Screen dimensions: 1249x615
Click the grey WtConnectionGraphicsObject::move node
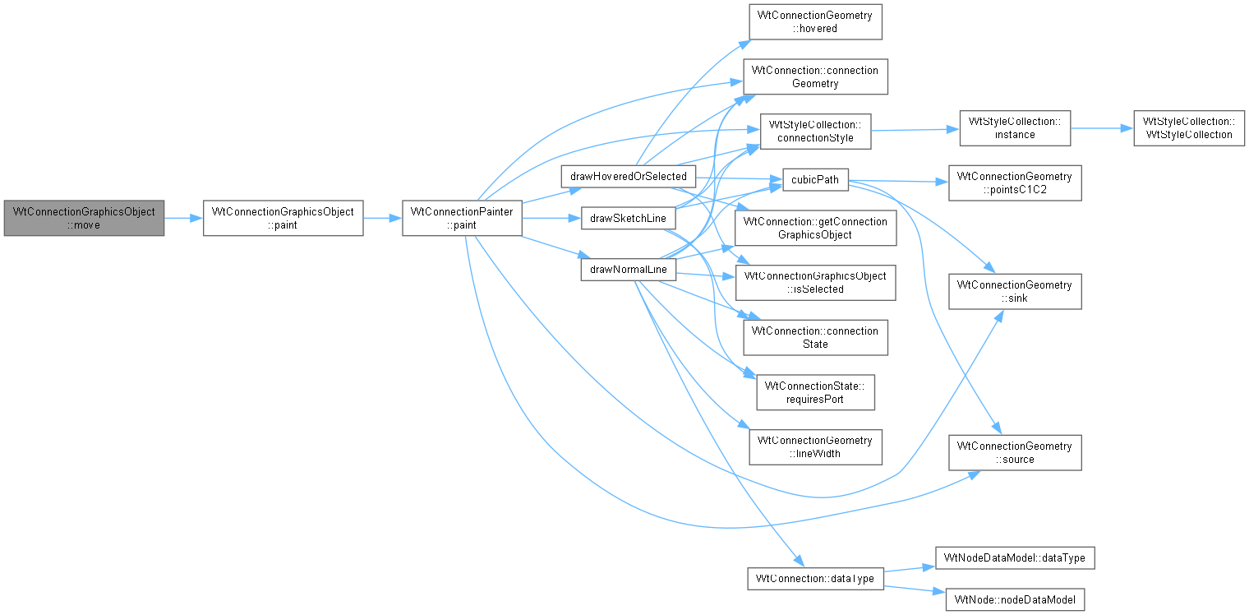(84, 218)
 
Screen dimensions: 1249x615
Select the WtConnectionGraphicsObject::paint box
(283, 218)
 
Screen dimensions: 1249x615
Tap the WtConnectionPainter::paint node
(462, 218)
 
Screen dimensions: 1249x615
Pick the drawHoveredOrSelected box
(629, 176)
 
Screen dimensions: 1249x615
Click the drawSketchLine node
(628, 218)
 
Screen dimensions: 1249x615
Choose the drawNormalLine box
(628, 270)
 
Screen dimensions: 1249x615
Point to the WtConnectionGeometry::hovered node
(815, 21)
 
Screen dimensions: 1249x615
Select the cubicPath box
(815, 180)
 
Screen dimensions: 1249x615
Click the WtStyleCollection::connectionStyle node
(815, 132)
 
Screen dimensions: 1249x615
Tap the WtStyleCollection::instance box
(1015, 128)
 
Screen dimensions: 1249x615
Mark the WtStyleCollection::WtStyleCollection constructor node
(1189, 128)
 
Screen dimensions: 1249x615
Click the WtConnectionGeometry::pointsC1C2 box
(1015, 183)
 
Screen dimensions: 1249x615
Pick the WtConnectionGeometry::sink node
(1015, 291)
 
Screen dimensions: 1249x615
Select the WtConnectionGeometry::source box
(1015, 452)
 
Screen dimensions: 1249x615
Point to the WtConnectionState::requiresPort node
(815, 392)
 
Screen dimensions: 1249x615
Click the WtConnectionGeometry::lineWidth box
(815, 447)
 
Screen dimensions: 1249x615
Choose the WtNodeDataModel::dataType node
(1015, 558)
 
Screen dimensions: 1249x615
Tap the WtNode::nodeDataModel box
(1015, 599)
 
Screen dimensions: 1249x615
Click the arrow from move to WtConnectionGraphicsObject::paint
(183, 218)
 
